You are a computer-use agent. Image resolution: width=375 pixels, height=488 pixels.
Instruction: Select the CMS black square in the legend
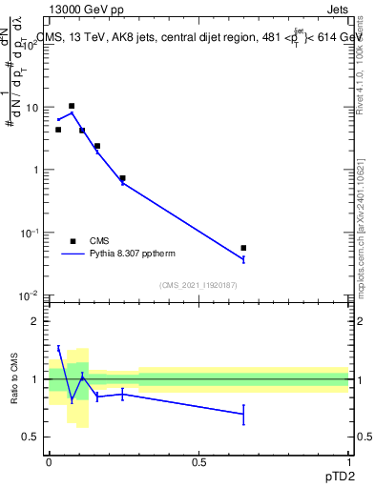(x=73, y=241)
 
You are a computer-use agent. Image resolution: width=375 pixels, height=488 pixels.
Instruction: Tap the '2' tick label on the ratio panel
(x=35, y=321)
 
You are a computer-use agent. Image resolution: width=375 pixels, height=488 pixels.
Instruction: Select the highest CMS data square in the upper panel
(x=72, y=106)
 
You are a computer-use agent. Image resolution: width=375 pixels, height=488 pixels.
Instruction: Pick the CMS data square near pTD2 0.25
(x=122, y=178)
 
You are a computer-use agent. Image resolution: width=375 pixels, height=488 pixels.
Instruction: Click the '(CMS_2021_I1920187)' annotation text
(x=198, y=284)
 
